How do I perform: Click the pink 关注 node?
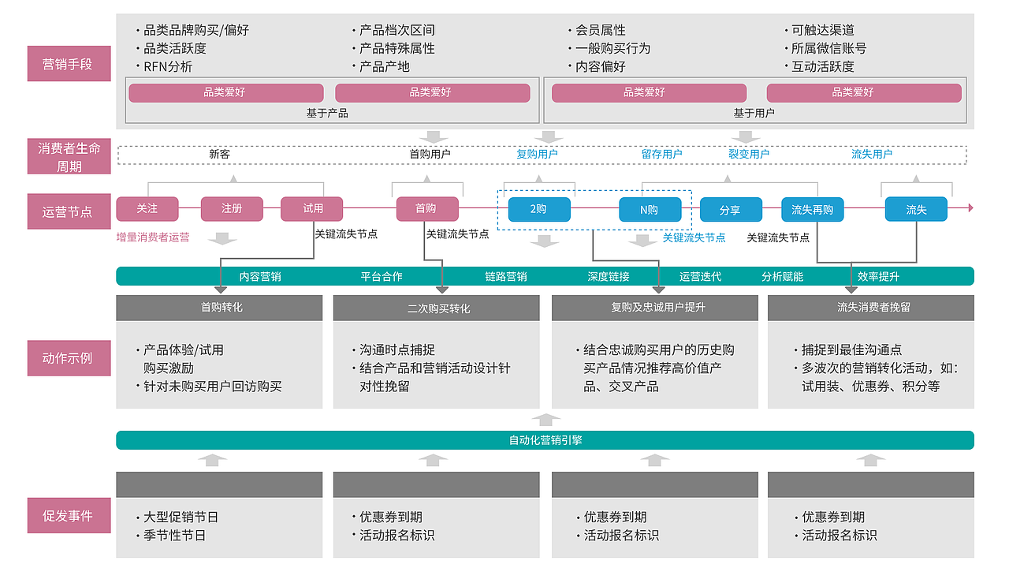tap(147, 209)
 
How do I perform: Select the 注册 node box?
tap(232, 209)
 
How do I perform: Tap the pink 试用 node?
tap(313, 209)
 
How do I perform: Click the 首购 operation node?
tap(426, 209)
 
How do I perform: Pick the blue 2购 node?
tap(539, 209)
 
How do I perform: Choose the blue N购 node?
tap(650, 209)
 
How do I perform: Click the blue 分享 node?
tap(731, 210)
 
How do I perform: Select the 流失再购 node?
tap(813, 210)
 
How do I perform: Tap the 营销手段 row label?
tap(69, 64)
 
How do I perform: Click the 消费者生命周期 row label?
tap(69, 157)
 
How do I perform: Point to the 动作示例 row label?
tap(69, 357)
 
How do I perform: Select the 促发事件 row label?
tap(69, 516)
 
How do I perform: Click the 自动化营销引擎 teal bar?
tap(545, 440)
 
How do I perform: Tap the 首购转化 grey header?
tap(219, 308)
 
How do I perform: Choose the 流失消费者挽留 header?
tap(870, 308)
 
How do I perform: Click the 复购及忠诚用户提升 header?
tap(655, 308)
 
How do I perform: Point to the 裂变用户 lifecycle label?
tap(748, 155)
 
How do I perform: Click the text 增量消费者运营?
tap(153, 237)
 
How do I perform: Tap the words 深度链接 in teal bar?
tap(609, 277)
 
